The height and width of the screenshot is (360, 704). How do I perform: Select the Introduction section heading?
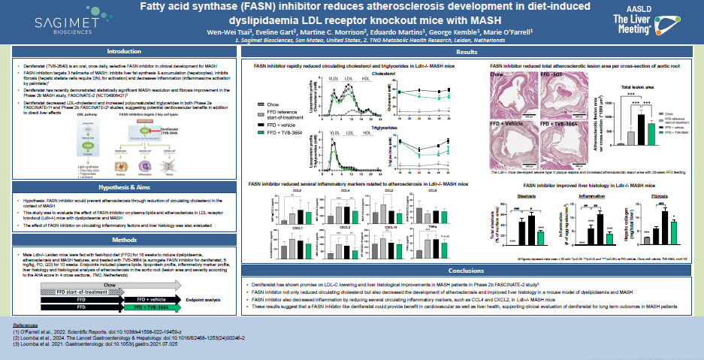(x=124, y=51)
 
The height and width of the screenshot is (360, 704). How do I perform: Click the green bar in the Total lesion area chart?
(x=651, y=134)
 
